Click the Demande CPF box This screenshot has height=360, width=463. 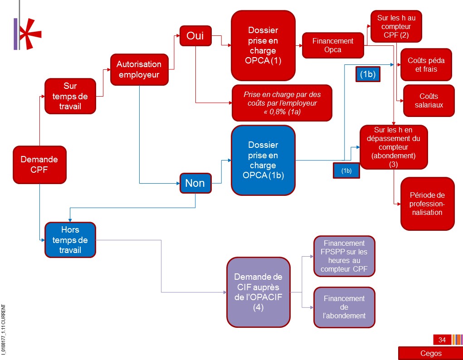39,165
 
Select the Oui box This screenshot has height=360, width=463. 195,36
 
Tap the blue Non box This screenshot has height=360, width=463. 195,183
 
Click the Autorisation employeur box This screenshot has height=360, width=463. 139,69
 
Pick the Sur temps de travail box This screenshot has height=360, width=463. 70,96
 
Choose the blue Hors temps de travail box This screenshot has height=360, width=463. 70,240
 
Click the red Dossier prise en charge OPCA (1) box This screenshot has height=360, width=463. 263,45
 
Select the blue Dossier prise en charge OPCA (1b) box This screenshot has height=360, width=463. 263,161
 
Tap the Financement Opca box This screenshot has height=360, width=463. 333,45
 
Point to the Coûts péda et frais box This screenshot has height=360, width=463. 426,65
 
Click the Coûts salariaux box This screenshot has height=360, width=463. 429,101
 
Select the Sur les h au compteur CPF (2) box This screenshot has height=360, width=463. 396,26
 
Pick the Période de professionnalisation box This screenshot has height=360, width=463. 427,204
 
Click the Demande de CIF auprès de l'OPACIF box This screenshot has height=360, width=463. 258,292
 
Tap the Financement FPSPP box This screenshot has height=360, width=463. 344,256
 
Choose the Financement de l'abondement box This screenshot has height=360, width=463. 344,307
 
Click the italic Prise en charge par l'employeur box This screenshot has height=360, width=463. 282,103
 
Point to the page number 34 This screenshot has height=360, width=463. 442,340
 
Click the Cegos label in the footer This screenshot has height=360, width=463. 431,353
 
